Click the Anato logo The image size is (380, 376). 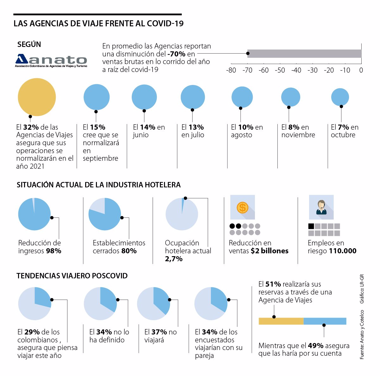coord(51,60)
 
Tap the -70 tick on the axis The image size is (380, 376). coord(248,70)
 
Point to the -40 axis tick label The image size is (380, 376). coord(296,70)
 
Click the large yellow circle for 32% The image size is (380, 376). coord(37,97)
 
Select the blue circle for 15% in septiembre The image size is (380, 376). coord(97,97)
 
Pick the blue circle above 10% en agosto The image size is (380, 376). coord(242,97)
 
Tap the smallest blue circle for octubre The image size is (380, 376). coord(340,97)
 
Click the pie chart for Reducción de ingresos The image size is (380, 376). coord(34,214)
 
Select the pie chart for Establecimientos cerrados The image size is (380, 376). coord(104,214)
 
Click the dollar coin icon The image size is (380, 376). coord(243,208)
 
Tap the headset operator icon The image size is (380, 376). coord(321,207)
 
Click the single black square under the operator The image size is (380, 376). coord(311,226)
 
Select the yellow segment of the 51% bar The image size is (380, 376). coord(281,321)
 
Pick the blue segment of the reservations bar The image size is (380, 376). coord(325,321)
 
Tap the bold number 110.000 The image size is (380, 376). coord(343,251)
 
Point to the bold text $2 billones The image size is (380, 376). coord(269,251)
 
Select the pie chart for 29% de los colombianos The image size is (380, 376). coord(34,303)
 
